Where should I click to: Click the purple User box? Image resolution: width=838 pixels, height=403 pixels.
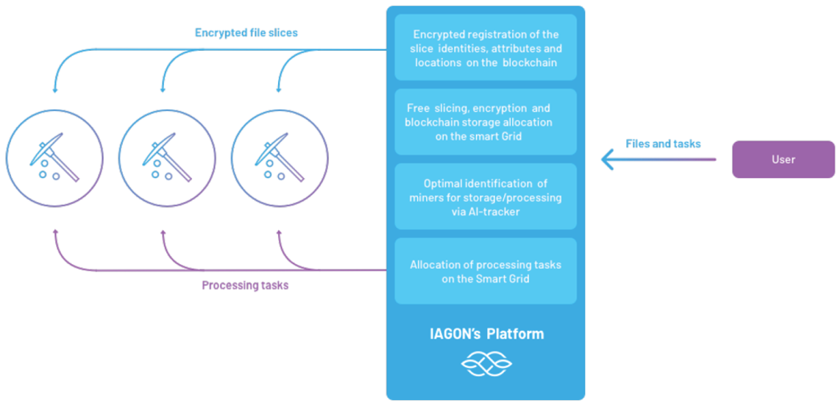click(x=783, y=160)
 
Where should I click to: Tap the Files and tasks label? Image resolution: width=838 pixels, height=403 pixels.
click(x=663, y=143)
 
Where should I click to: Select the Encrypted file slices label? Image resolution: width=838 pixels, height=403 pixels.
click(x=246, y=32)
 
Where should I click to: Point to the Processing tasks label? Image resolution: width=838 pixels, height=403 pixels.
click(x=245, y=285)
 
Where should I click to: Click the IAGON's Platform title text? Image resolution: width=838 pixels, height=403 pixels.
click(x=486, y=334)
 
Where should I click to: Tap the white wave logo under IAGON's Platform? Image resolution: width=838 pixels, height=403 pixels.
click(x=486, y=363)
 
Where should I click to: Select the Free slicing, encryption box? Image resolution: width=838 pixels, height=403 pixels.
click(x=486, y=122)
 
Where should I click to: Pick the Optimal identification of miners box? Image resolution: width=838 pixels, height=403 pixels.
click(x=486, y=197)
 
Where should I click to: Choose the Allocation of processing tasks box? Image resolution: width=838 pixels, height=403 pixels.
click(x=486, y=271)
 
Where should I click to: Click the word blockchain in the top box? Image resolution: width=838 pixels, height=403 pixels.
click(x=529, y=63)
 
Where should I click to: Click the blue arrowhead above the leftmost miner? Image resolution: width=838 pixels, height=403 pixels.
click(x=55, y=90)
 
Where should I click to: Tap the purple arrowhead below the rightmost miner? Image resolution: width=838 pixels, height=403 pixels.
click(x=279, y=232)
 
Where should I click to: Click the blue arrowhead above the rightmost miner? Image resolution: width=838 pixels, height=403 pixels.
click(x=279, y=90)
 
